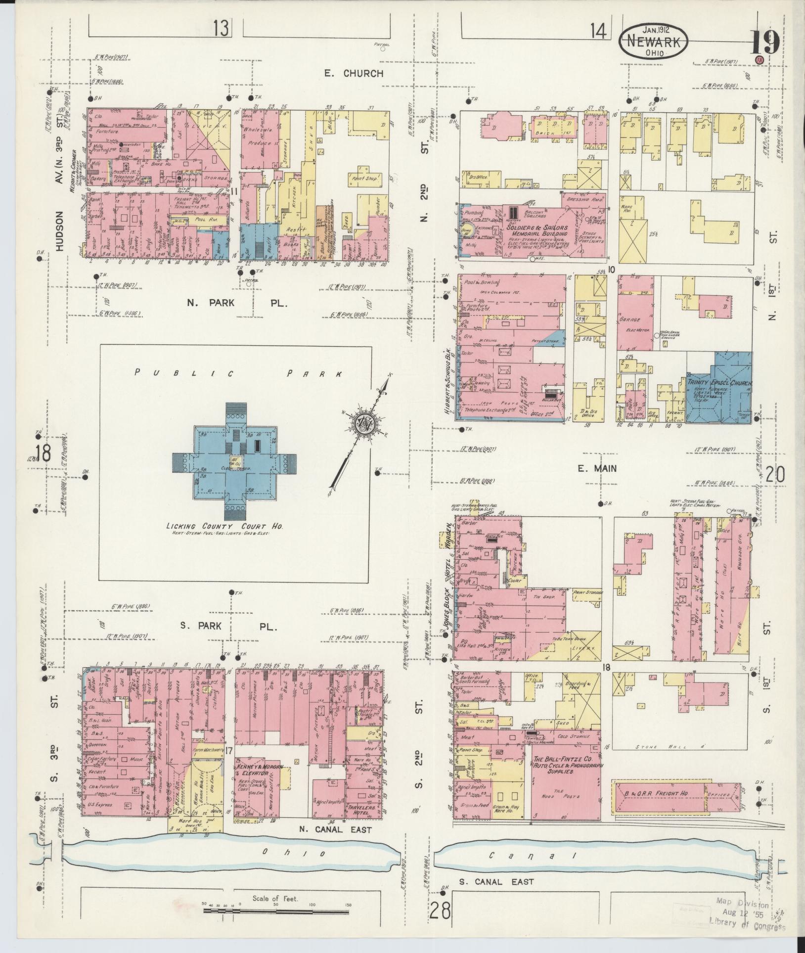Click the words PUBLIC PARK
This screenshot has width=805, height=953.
[237, 374]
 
